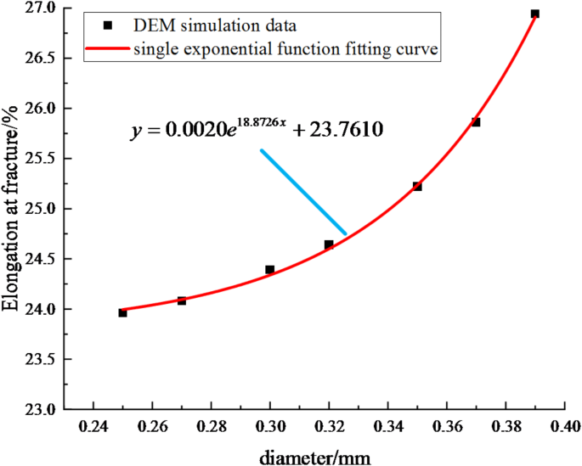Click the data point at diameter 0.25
click(122, 312)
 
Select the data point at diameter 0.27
click(182, 300)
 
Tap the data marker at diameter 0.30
click(270, 270)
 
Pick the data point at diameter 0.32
click(329, 244)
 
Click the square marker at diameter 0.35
click(417, 186)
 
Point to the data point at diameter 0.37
click(476, 122)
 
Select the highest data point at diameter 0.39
click(534, 14)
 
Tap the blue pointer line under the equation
click(303, 192)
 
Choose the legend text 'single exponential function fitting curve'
click(285, 51)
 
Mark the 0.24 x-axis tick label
click(93, 425)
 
